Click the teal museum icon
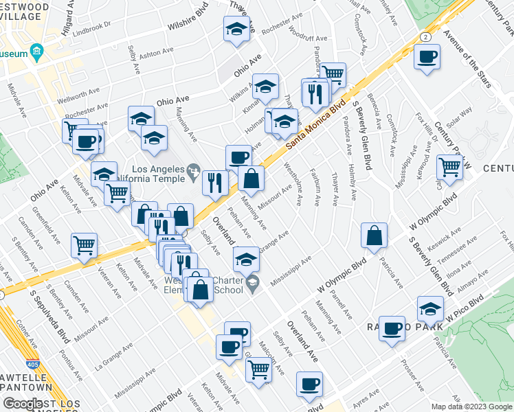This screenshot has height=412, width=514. click(36, 53)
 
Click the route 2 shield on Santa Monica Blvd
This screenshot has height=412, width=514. click(427, 36)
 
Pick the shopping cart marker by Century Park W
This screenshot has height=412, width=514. click(449, 166)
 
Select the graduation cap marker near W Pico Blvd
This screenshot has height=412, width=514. click(431, 308)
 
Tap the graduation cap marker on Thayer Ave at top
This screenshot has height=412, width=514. click(236, 29)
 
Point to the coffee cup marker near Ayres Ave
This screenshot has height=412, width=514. click(309, 383)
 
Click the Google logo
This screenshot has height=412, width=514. click(23, 404)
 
